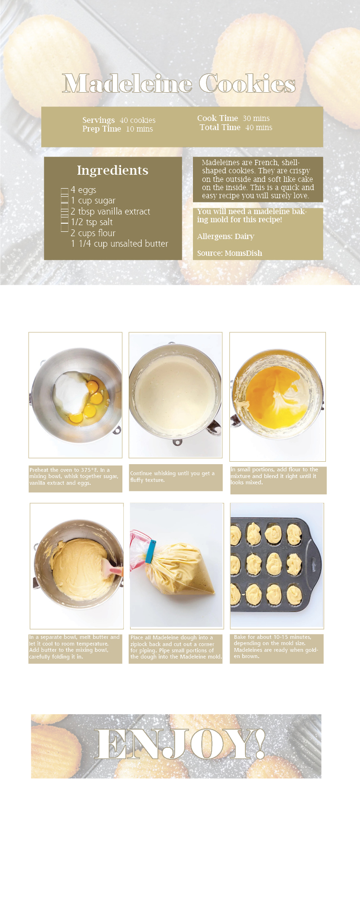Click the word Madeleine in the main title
[x=127, y=84]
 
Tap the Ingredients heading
[x=113, y=170]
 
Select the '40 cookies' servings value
[x=138, y=120]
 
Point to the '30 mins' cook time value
[x=256, y=118]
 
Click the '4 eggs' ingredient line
[x=84, y=190]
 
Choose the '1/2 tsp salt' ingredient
[x=92, y=222]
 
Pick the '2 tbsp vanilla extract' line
[x=110, y=212]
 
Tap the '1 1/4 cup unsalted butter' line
[x=120, y=244]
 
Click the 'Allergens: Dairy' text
[x=226, y=237]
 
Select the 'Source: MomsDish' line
[x=229, y=253]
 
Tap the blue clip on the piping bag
[x=150, y=551]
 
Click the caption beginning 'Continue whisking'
[x=172, y=477]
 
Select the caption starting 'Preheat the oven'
[x=74, y=477]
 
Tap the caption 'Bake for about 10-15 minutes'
[x=276, y=647]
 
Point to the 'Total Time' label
[x=220, y=127]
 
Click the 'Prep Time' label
[x=101, y=129]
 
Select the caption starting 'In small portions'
[x=274, y=476]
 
